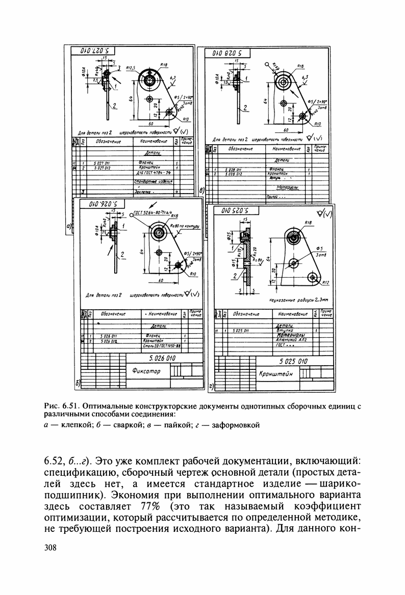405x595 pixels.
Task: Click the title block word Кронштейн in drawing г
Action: [x=277, y=374]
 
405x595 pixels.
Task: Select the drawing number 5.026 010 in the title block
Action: [x=160, y=359]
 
